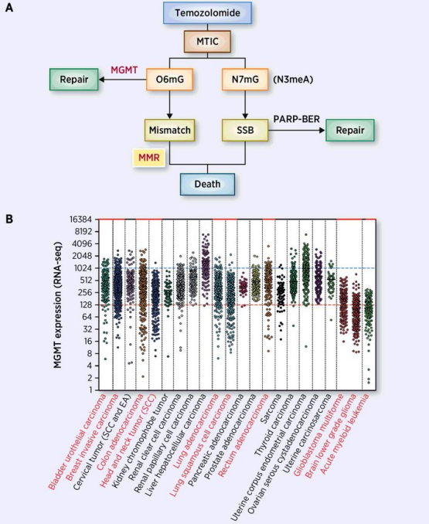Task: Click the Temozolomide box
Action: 207,12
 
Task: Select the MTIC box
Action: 207,42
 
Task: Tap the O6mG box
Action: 170,79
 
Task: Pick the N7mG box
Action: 245,79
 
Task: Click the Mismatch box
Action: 170,130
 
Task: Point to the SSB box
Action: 245,130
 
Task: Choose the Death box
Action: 207,184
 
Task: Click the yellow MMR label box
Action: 149,158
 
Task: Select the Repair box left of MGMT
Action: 74,79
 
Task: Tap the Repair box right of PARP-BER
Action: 350,130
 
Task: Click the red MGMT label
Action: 124,70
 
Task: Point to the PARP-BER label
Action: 296,119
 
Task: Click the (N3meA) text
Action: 293,80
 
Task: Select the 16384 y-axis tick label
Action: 81,219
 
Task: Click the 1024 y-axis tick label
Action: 83,268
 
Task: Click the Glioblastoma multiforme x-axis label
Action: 318,435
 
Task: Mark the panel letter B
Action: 9,219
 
